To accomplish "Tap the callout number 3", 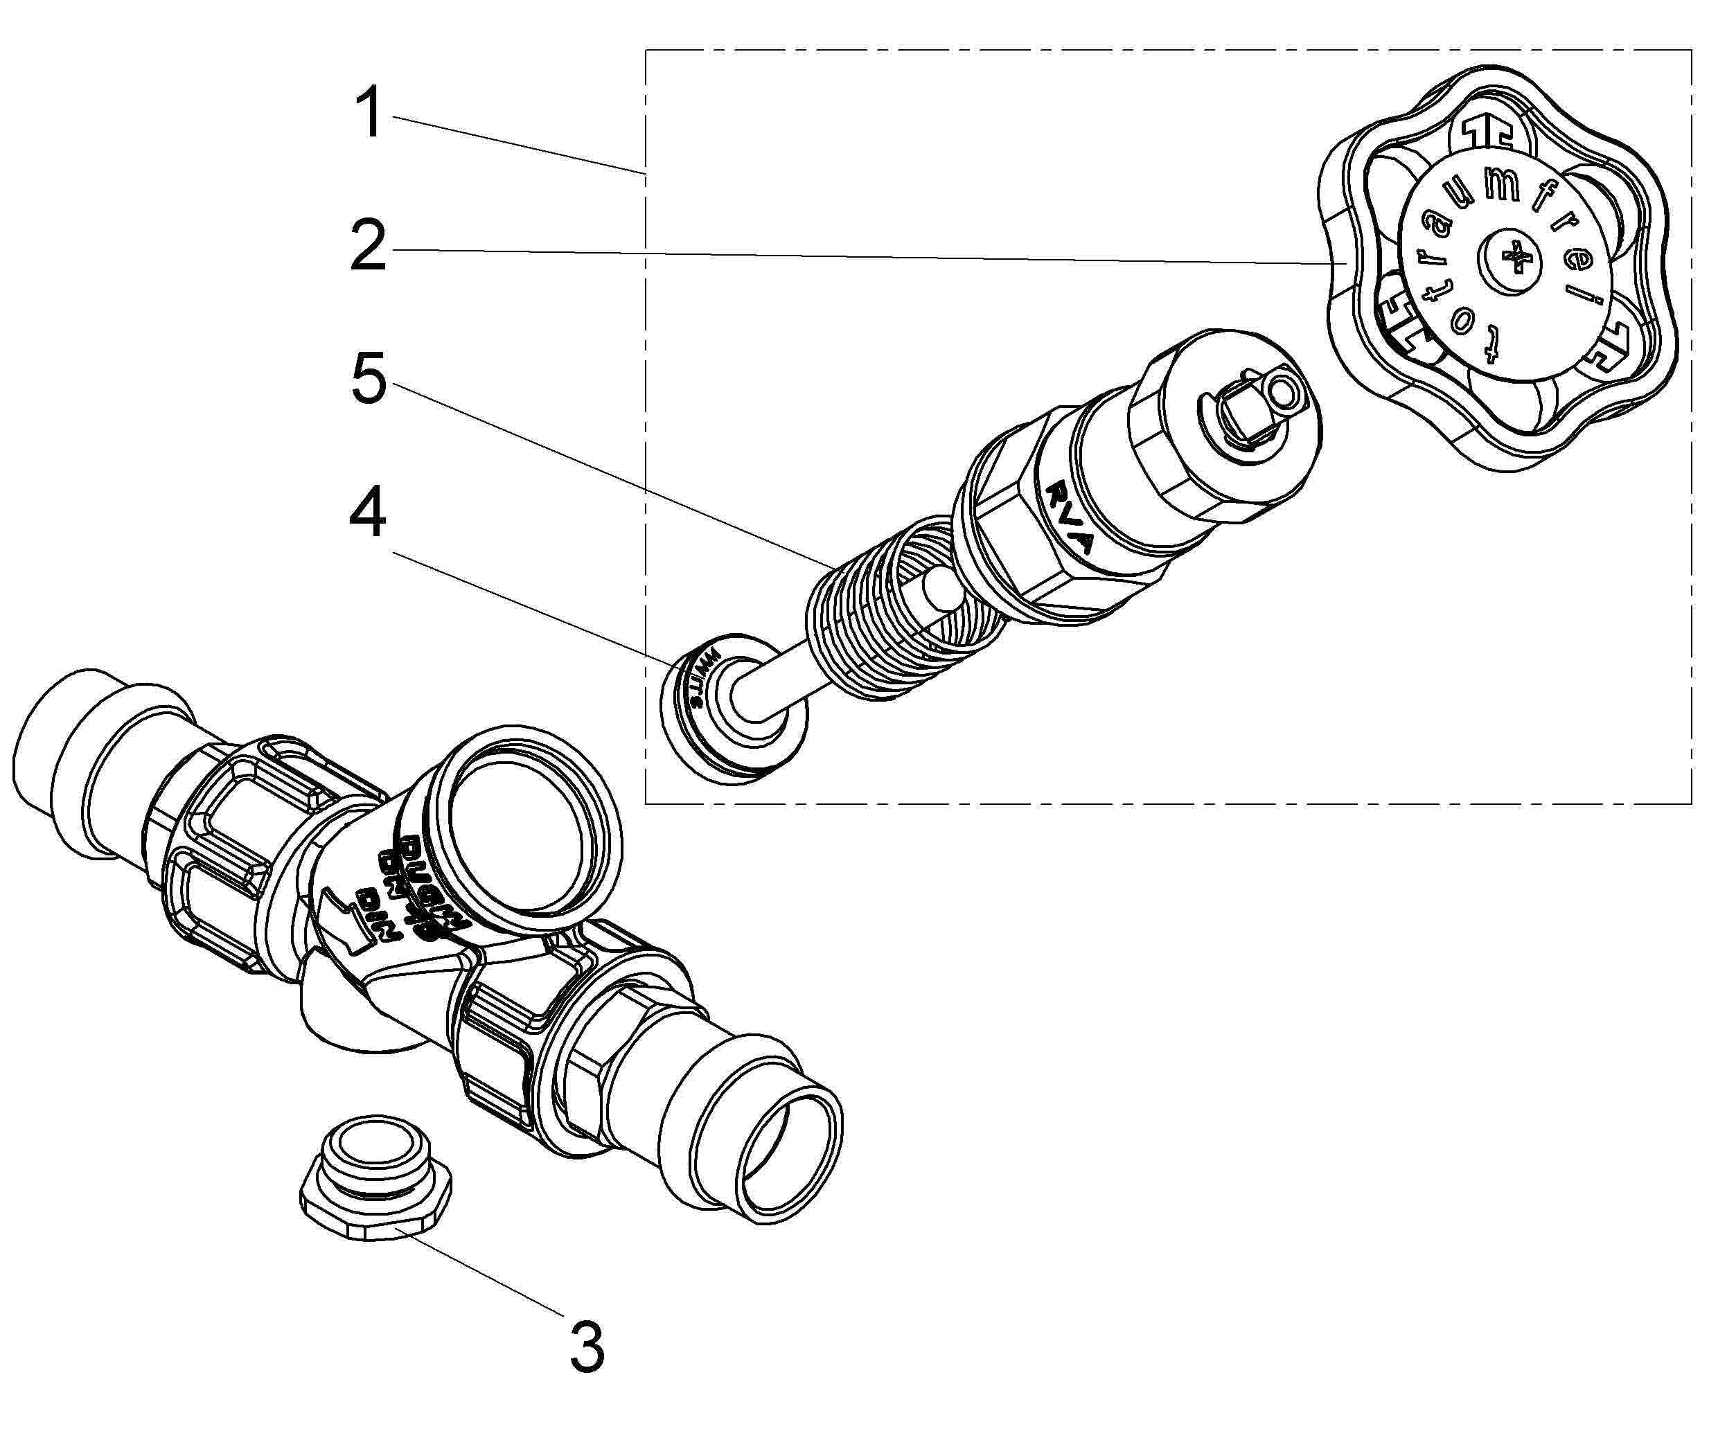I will click(x=587, y=1346).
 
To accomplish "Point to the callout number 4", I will click(x=367, y=514).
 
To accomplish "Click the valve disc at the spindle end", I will click(x=732, y=708).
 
